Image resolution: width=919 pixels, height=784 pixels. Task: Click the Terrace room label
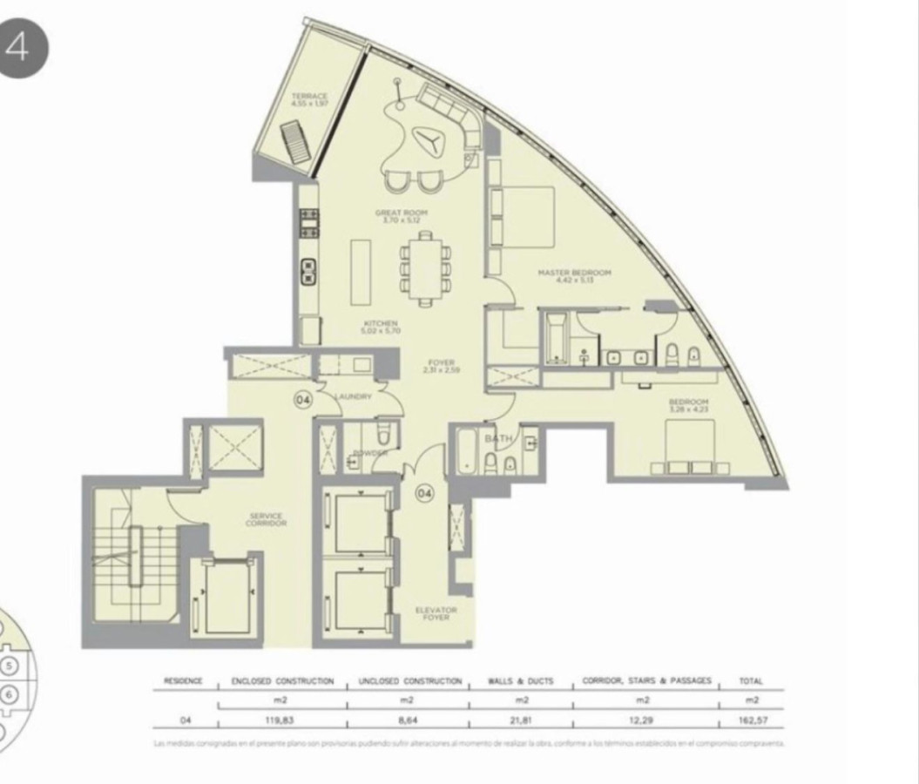coord(309,98)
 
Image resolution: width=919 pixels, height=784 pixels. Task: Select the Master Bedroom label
coord(574,276)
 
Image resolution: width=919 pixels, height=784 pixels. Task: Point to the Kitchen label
coord(382,327)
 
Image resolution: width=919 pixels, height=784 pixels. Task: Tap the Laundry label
coord(353,396)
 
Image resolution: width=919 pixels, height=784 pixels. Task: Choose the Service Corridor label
coord(266,520)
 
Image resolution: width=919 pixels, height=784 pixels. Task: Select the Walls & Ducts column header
coord(522,681)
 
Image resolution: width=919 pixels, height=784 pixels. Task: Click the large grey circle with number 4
coord(18,48)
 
